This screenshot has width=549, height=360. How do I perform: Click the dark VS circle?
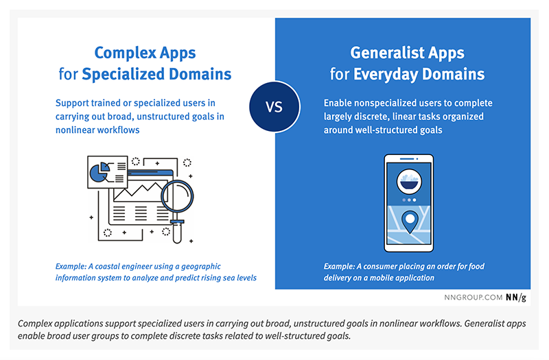(274, 107)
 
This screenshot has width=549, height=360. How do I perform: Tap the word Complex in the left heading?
(126, 53)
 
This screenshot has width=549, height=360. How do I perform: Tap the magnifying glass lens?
(178, 196)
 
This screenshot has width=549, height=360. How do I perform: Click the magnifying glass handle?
(177, 232)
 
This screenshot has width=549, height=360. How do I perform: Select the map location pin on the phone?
(410, 221)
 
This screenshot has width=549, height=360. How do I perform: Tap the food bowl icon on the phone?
(409, 182)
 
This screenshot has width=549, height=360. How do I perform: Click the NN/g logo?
(516, 298)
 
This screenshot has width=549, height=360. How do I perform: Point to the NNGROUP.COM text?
(474, 298)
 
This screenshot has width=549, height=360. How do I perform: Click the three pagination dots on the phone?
(409, 200)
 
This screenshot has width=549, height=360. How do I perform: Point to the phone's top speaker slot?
(407, 159)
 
